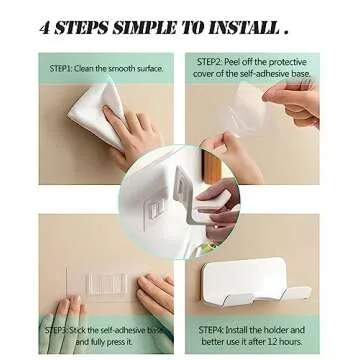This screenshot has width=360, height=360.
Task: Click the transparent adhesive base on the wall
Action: coord(100,284)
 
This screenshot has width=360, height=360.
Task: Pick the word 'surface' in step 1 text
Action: coord(147,68)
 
